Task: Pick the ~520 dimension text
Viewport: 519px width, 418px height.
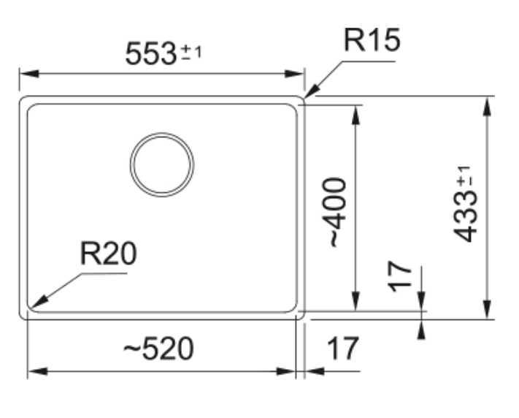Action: click(x=158, y=350)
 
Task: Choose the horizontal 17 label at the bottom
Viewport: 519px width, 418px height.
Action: click(x=341, y=350)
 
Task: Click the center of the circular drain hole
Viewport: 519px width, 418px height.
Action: click(x=162, y=164)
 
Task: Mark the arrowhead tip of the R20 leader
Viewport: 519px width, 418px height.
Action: click(x=32, y=305)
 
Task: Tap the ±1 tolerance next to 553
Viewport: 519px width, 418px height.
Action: click(x=191, y=53)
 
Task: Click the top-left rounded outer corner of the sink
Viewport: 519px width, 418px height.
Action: click(x=22, y=99)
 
